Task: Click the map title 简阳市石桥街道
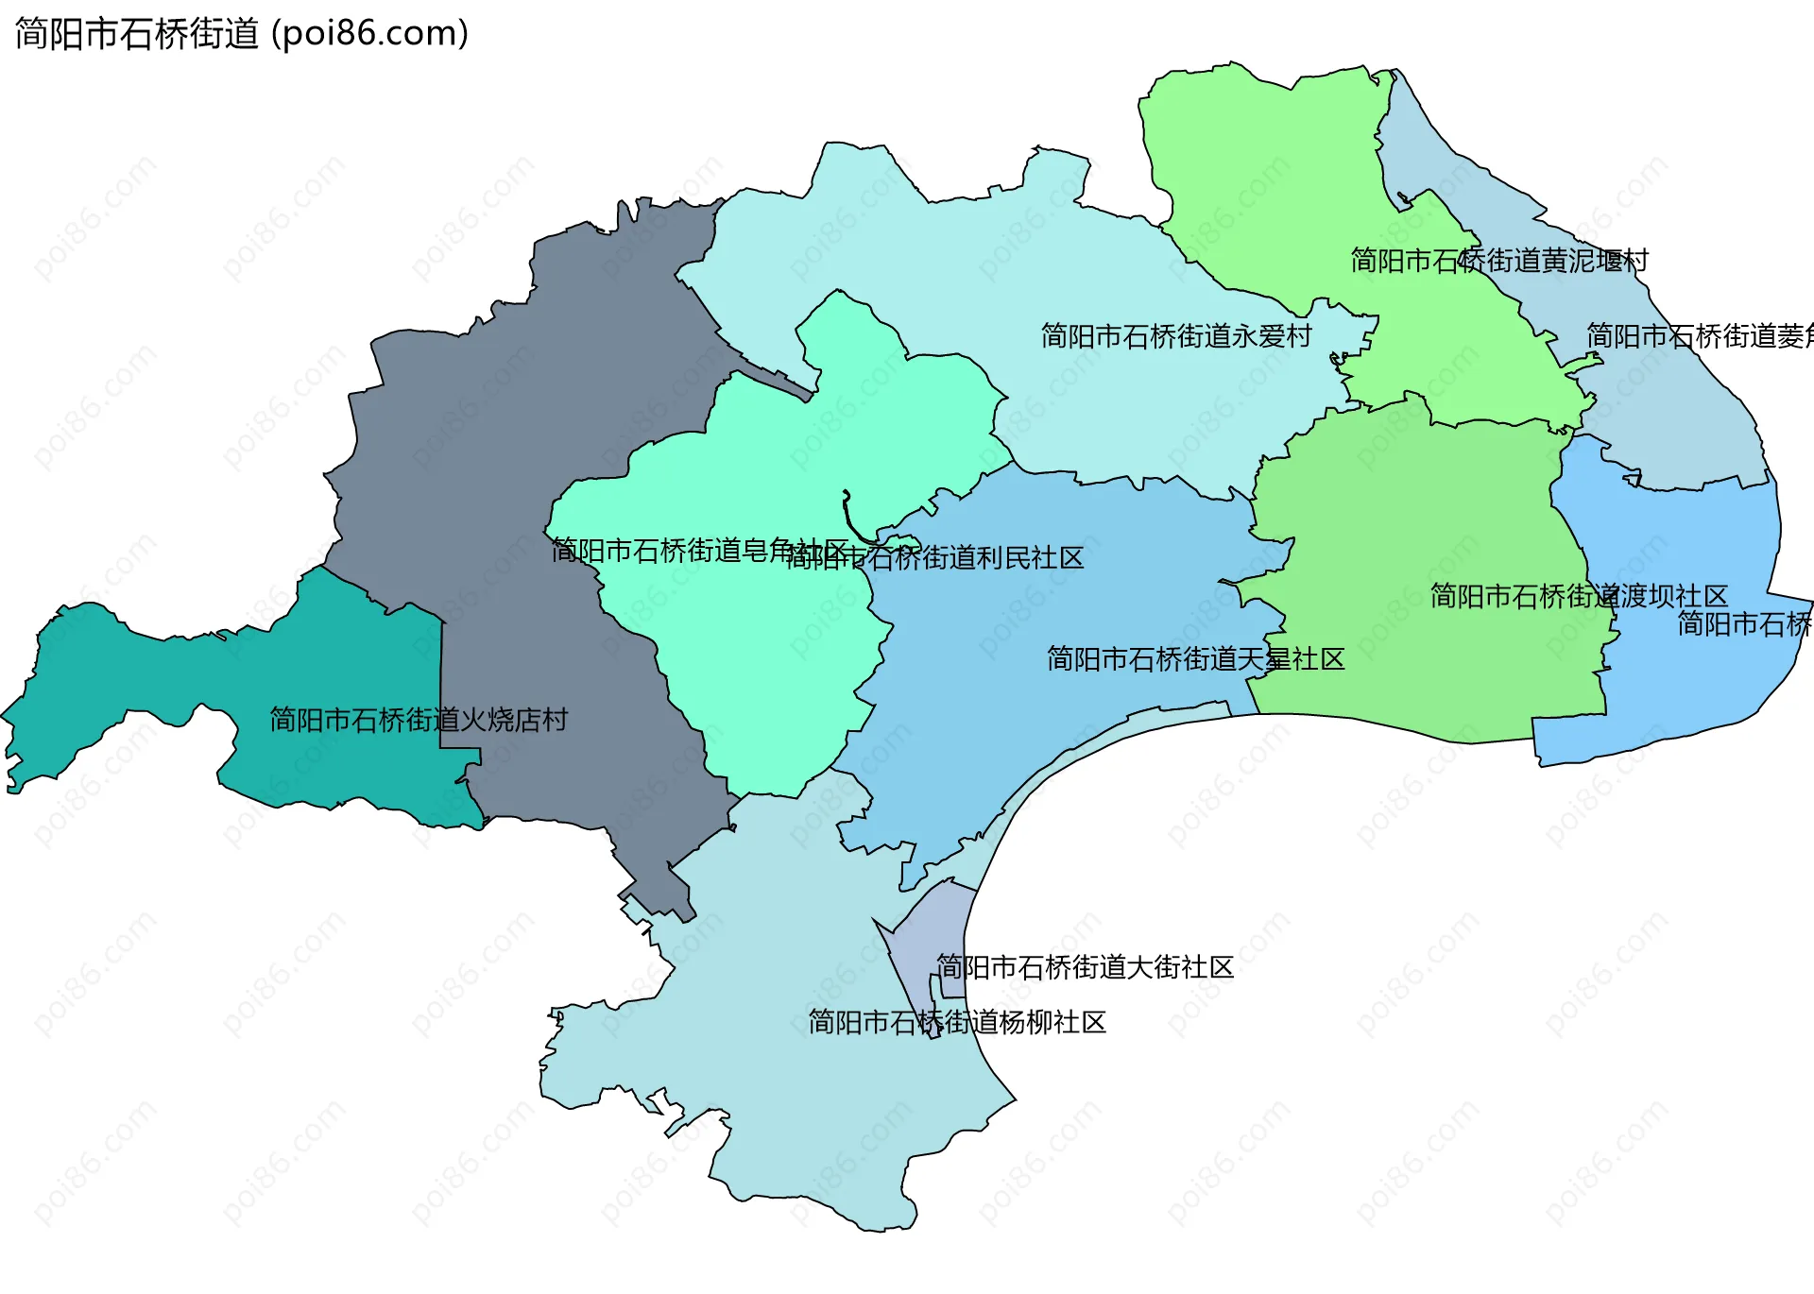[137, 34]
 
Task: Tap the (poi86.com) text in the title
[370, 34]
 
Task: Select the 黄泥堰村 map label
[1499, 261]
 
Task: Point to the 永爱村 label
[1176, 336]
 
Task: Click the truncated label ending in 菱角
[1699, 336]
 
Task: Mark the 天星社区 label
[1195, 659]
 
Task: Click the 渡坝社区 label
[1579, 596]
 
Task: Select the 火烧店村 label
[419, 720]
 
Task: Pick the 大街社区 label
[1085, 967]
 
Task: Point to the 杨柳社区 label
[956, 1022]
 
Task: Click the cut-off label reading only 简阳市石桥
[1744, 624]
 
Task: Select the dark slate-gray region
[491, 425]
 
